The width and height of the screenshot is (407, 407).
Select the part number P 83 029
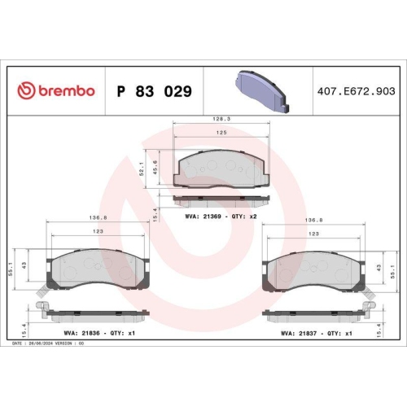pos(155,91)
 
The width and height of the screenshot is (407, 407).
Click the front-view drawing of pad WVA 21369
pos(221,168)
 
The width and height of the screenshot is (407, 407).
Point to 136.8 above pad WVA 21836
pos(97,219)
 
